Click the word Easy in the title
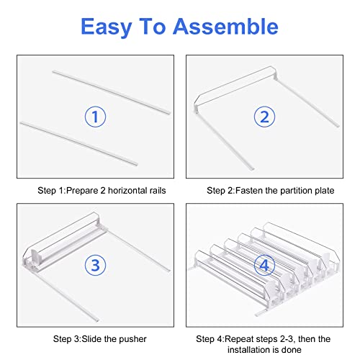pos(107,27)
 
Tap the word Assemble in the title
pos(225,26)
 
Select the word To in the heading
pos(153,26)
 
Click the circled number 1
pos(95,117)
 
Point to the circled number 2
pos(264,117)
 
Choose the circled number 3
pos(95,265)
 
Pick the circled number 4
pos(264,265)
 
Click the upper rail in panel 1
pos(112,92)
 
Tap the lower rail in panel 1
pos(78,143)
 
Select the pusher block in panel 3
pos(35,258)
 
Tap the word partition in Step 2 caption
pos(294,191)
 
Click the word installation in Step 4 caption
pos(253,350)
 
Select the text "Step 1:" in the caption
pos(52,191)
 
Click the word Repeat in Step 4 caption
pos(239,339)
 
